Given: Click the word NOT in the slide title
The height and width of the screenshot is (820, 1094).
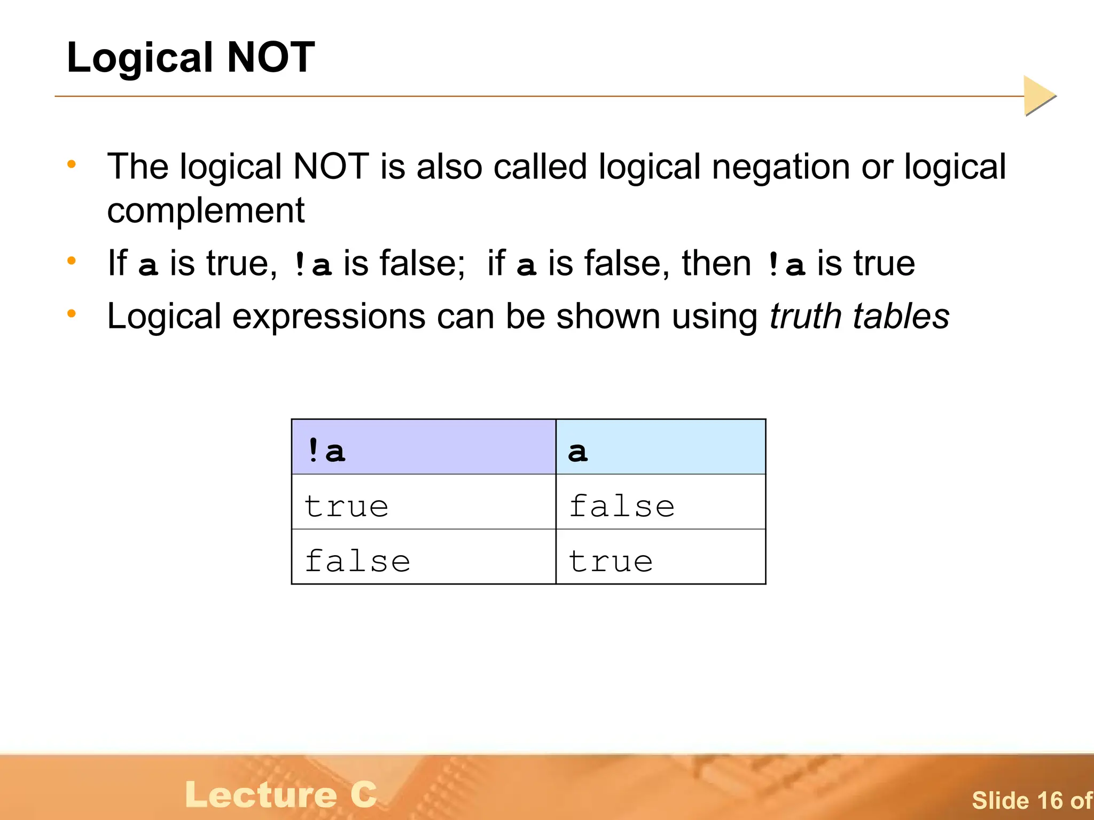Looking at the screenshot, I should click(271, 57).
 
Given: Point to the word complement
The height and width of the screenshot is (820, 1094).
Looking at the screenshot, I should click(206, 210).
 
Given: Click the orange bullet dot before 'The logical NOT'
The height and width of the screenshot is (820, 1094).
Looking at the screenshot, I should click(72, 164).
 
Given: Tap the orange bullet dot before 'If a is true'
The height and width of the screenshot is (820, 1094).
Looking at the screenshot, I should click(72, 261).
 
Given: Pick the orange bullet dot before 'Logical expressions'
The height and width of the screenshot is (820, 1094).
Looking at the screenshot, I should click(72, 313).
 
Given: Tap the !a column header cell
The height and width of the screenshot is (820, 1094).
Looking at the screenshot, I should click(423, 447).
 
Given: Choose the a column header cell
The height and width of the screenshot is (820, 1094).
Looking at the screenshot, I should click(660, 447).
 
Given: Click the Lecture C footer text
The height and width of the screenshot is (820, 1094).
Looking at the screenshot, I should click(281, 794).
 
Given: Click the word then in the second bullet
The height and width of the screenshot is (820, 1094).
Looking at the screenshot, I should click(716, 263).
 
